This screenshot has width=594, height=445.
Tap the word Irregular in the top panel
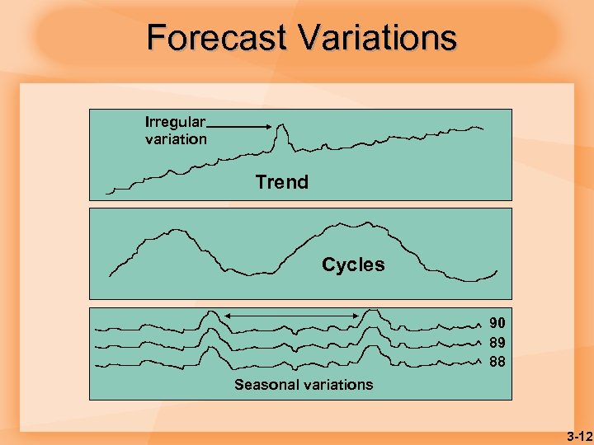tap(175, 122)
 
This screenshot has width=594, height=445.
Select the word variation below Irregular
tap(176, 139)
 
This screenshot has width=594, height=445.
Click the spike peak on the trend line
tap(282, 125)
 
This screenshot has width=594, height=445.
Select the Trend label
tap(281, 182)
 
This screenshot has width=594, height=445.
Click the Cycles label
tap(353, 265)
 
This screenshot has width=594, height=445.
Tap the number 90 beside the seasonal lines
tap(497, 323)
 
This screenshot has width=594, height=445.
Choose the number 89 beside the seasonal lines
tap(497, 342)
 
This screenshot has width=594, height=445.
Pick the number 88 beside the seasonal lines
tap(497, 361)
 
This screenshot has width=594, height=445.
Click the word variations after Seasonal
tap(337, 385)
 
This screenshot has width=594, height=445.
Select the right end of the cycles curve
tap(497, 271)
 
